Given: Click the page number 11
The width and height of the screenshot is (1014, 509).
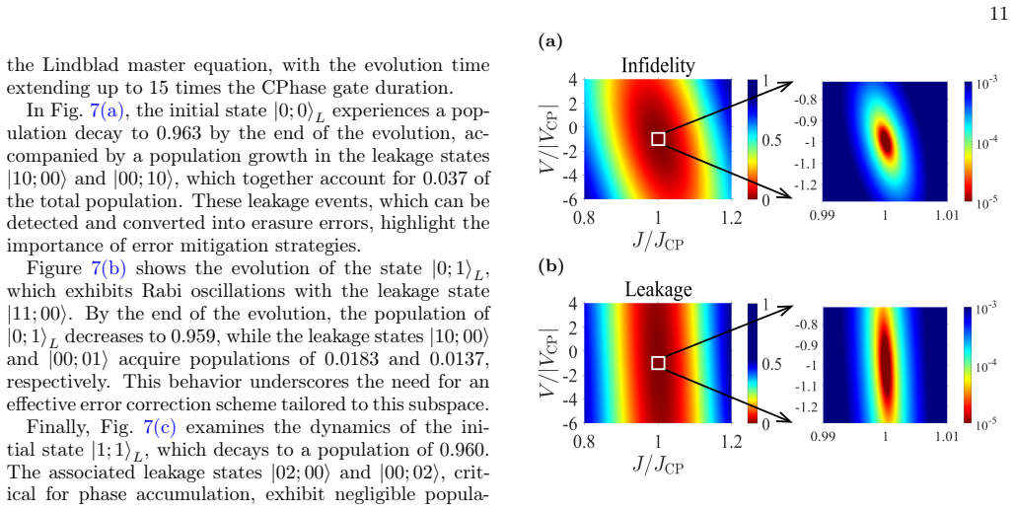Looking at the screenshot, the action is (x=998, y=15).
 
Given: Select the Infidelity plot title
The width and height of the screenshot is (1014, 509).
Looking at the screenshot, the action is (x=658, y=65).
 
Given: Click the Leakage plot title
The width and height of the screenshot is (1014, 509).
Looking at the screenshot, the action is (x=658, y=290).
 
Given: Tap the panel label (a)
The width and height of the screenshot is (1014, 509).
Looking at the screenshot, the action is (x=550, y=42).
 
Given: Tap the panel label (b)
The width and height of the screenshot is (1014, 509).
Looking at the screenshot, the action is (x=550, y=266).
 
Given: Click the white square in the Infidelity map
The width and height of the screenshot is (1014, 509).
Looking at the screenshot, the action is (x=658, y=139).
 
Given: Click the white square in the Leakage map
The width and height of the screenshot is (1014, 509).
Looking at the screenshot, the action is (x=658, y=363).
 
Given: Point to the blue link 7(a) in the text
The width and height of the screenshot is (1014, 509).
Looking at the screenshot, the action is (x=107, y=110).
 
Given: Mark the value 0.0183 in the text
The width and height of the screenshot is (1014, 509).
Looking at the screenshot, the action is (x=342, y=359).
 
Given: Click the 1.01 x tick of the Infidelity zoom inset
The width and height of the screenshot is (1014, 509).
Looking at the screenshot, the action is (x=946, y=215).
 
